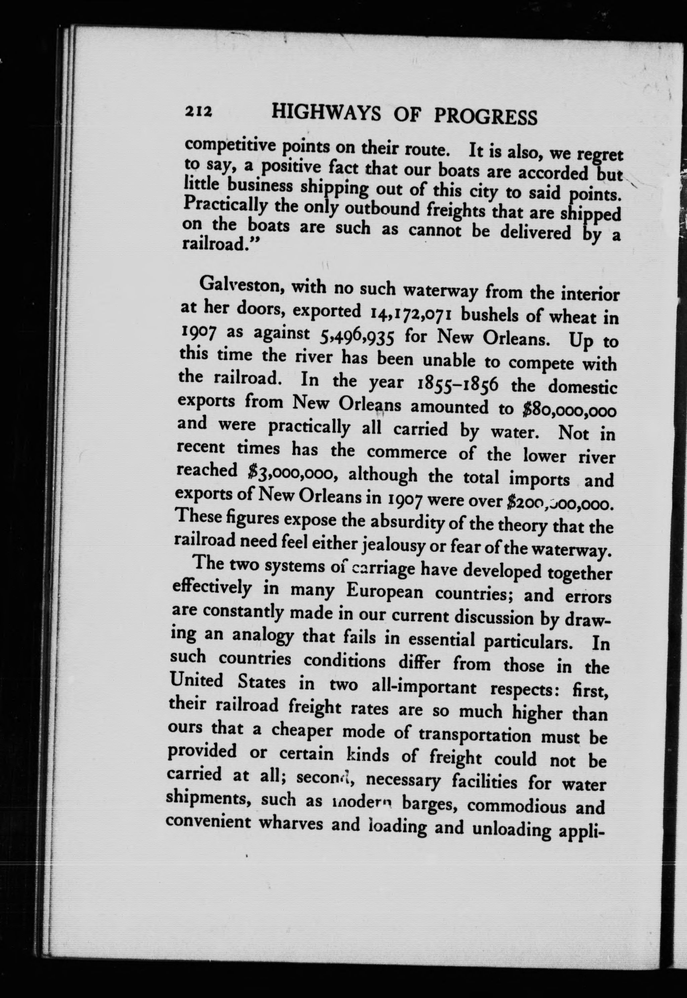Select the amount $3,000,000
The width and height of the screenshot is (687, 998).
point(292,472)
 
